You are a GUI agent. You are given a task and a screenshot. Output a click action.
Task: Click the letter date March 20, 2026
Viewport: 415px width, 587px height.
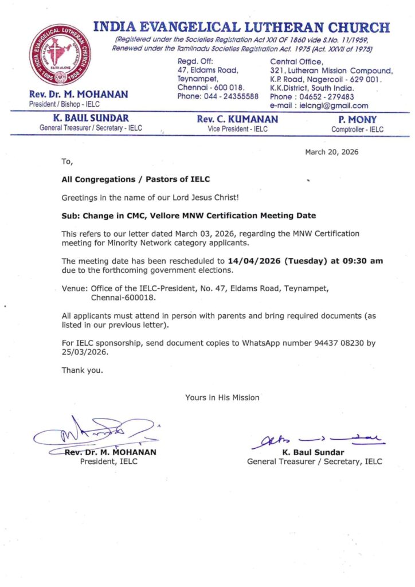[331, 152]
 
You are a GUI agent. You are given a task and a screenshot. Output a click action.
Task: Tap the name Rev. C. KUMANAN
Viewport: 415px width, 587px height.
[237, 120]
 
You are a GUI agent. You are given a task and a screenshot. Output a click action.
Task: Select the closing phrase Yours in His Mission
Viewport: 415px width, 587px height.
[222, 397]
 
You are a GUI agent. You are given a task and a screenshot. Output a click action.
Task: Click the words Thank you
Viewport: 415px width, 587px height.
[83, 370]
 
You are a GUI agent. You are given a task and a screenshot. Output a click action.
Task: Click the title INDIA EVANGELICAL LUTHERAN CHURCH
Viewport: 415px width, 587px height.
[241, 27]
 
